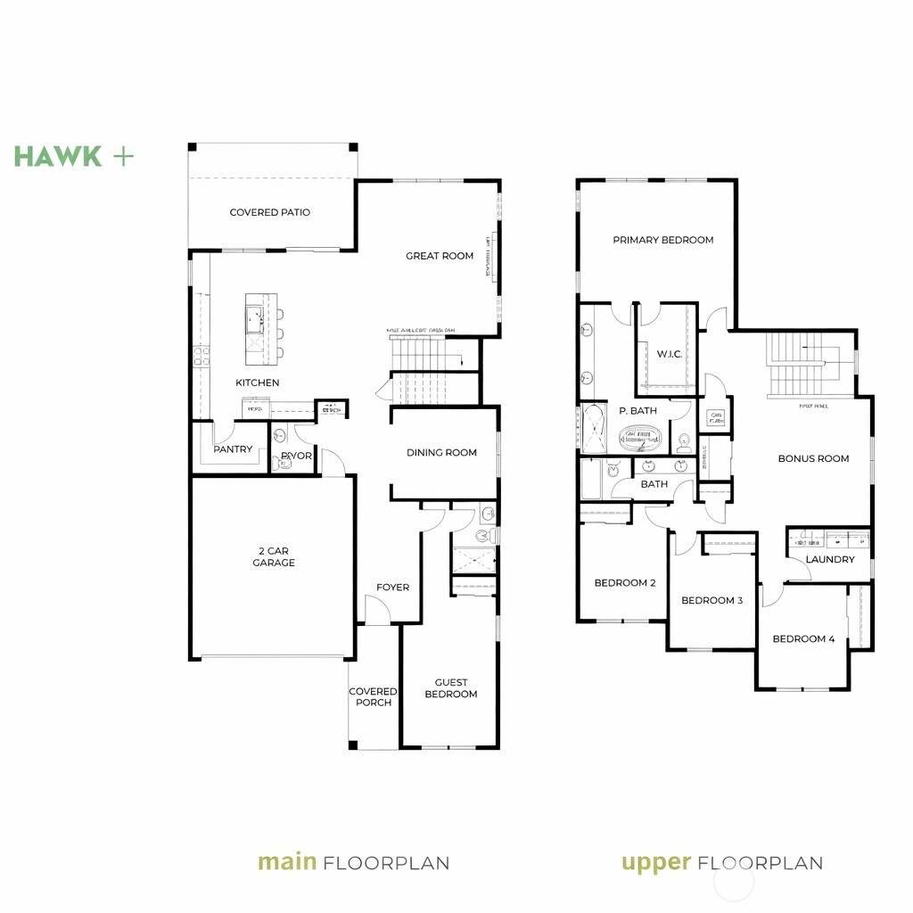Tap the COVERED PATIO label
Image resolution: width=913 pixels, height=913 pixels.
(269, 212)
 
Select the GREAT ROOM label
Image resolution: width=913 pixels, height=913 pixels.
(440, 256)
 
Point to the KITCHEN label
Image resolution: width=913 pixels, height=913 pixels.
(257, 382)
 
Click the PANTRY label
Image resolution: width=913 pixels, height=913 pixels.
(233, 449)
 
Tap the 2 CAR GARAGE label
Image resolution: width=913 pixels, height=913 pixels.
(273, 557)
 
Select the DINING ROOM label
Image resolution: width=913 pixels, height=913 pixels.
(441, 452)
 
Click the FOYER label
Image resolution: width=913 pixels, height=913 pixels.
(392, 587)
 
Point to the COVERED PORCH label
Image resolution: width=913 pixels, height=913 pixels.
(373, 696)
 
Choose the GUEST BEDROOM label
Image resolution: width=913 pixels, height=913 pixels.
(450, 688)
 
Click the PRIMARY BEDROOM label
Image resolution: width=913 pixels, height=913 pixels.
(662, 240)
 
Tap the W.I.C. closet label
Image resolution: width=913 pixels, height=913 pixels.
(669, 354)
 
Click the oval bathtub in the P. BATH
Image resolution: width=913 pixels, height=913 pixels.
(642, 438)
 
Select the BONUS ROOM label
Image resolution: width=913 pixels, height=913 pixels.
(813, 458)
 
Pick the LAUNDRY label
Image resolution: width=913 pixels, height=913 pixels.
(829, 559)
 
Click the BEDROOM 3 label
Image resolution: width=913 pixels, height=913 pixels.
(711, 600)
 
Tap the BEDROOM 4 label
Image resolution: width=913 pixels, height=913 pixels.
(803, 638)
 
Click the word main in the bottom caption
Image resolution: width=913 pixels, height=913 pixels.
(287, 862)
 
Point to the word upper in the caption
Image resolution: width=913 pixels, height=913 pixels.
(655, 862)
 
